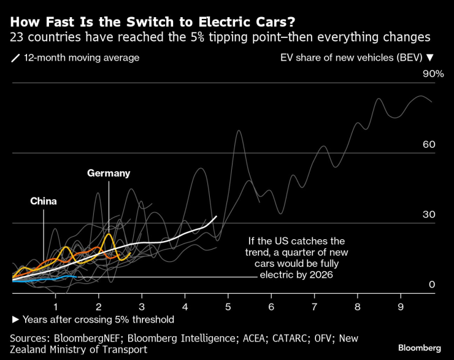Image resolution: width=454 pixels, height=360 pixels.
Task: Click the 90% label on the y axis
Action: tap(432, 74)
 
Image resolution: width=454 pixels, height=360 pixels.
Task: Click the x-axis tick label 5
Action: tap(228, 305)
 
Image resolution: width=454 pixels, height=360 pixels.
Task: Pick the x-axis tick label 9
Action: tap(401, 305)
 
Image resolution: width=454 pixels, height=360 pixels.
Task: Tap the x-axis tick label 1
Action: tap(56, 305)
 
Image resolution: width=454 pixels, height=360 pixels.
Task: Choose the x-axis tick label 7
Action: tap(314, 305)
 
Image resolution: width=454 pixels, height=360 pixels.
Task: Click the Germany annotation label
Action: tap(109, 174)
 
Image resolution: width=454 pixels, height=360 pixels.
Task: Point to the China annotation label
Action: tap(44, 201)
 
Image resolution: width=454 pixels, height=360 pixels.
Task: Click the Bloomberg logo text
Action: tap(418, 348)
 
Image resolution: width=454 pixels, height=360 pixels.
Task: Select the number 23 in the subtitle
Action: tap(17, 38)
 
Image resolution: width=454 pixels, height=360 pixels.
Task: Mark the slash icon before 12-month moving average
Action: tap(15, 58)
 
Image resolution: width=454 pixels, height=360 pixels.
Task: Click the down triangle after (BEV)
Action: tap(429, 58)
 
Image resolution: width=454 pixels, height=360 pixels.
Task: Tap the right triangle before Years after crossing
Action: tap(15, 320)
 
